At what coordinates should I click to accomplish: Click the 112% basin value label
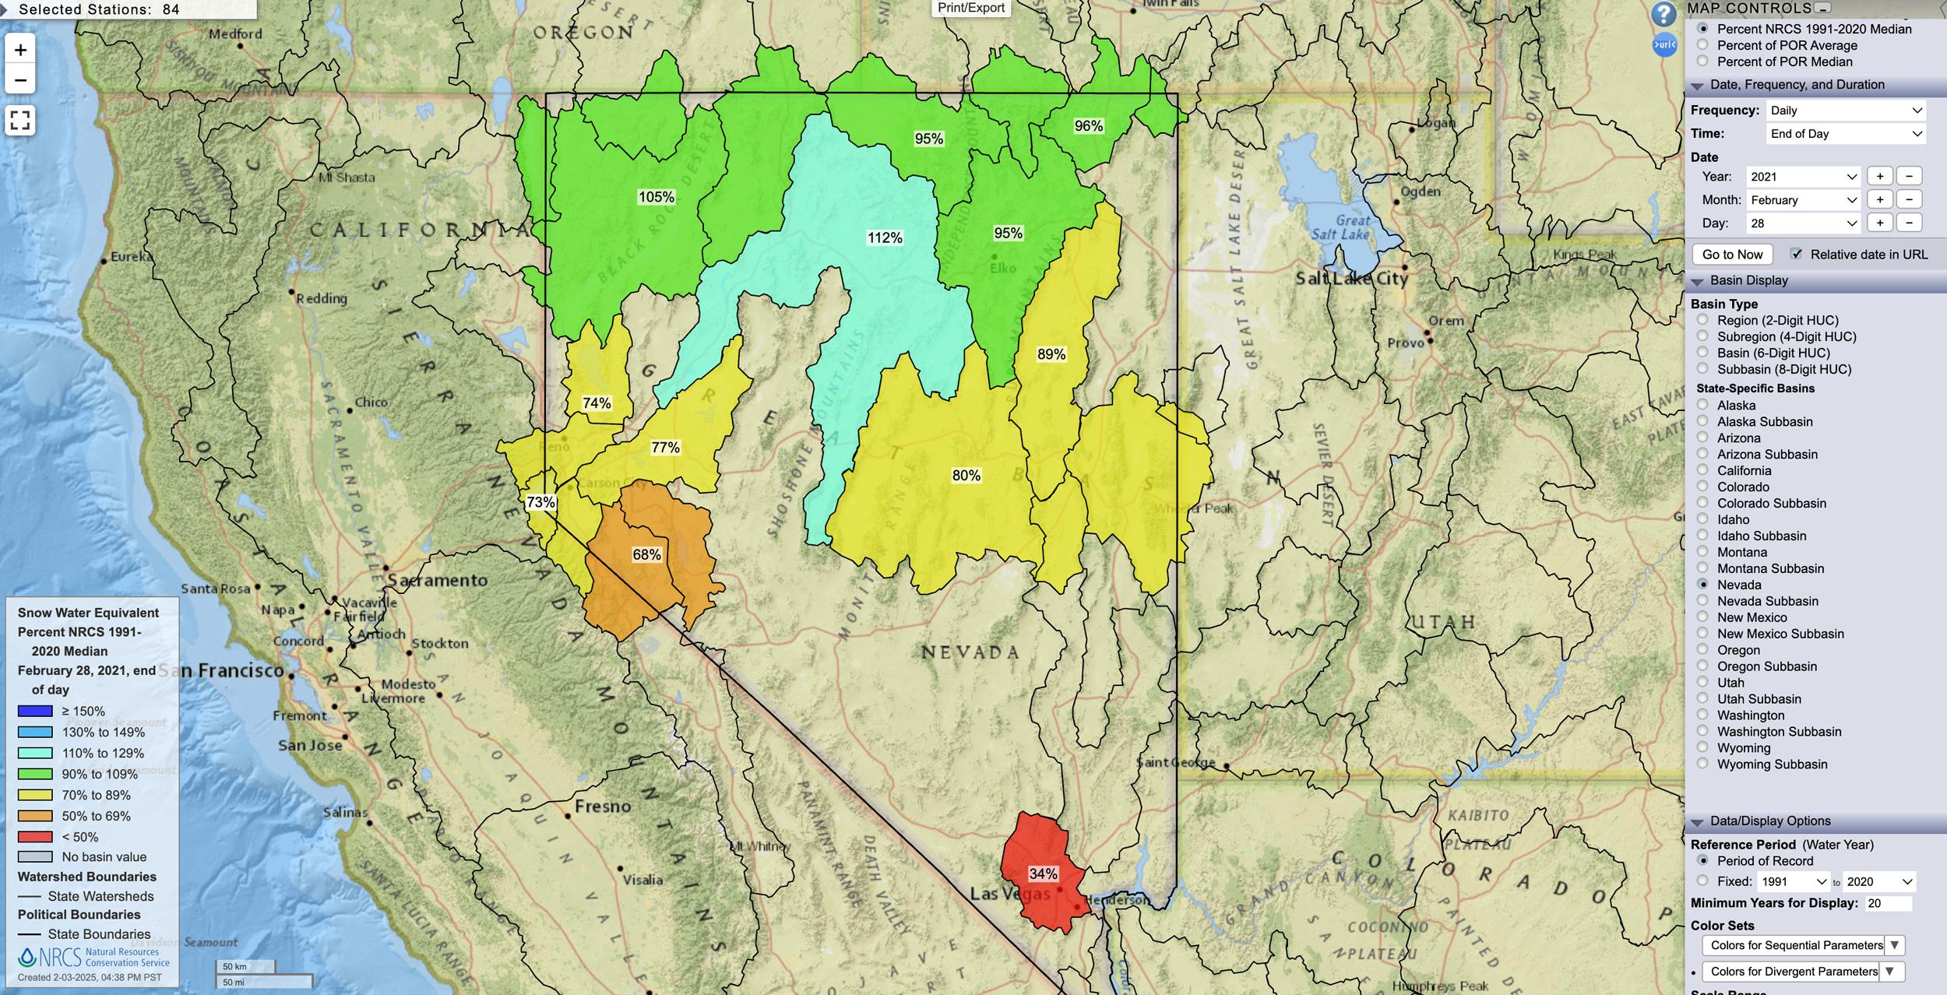click(885, 238)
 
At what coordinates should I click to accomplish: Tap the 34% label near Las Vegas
click(1043, 874)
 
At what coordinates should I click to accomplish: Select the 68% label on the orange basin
click(646, 554)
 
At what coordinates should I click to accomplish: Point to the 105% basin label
click(656, 197)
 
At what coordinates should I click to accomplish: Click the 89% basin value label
click(1051, 354)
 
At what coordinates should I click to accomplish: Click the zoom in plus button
click(20, 51)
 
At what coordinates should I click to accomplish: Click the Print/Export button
click(970, 8)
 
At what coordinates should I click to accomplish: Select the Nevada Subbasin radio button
click(1702, 601)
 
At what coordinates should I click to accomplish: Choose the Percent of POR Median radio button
click(1702, 62)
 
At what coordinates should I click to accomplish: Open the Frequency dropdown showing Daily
click(1845, 111)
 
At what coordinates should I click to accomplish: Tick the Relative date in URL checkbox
click(1797, 254)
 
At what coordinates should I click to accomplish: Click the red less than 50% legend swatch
click(35, 837)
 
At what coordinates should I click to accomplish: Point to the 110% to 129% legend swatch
click(35, 753)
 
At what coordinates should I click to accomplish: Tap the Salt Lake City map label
click(1352, 278)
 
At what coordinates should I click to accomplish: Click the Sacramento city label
click(438, 580)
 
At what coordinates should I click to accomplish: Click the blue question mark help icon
click(1664, 15)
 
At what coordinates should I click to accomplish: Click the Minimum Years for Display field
click(1888, 903)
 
